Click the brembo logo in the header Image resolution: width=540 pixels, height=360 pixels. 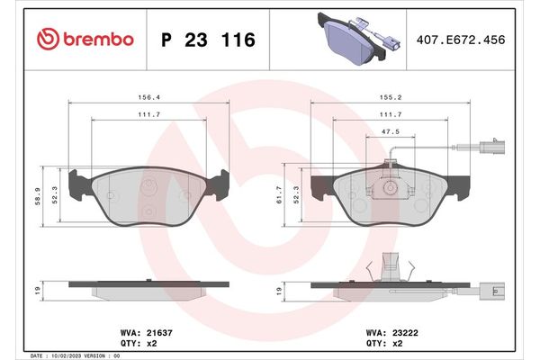click(85, 39)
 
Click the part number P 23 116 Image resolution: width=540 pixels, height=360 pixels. click(209, 40)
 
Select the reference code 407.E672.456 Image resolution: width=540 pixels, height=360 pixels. click(461, 40)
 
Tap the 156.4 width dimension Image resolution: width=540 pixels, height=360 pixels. click(149, 97)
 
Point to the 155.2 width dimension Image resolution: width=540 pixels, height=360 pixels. click(391, 97)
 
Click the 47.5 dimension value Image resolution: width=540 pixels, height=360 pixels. click(391, 131)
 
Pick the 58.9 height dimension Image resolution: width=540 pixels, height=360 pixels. click(38, 196)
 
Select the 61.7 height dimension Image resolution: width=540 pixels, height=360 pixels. click(279, 194)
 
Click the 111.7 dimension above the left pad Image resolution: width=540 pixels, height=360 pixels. click(149, 114)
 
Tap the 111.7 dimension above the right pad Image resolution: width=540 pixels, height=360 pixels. click(391, 114)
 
